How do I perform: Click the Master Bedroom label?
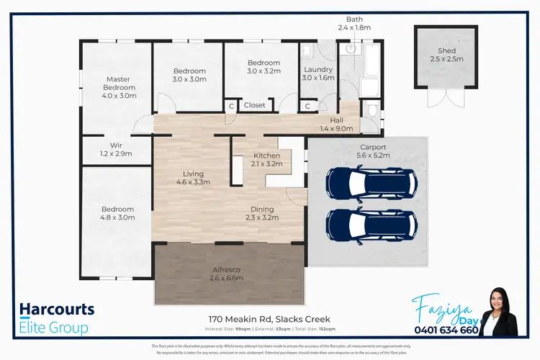tap(118, 87)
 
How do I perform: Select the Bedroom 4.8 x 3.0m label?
tap(117, 214)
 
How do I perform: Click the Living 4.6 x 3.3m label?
tap(193, 178)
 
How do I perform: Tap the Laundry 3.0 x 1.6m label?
tap(318, 73)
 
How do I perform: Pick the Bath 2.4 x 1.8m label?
tap(354, 24)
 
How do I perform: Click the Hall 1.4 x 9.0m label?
tap(336, 125)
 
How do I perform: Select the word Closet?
tap(254, 105)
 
